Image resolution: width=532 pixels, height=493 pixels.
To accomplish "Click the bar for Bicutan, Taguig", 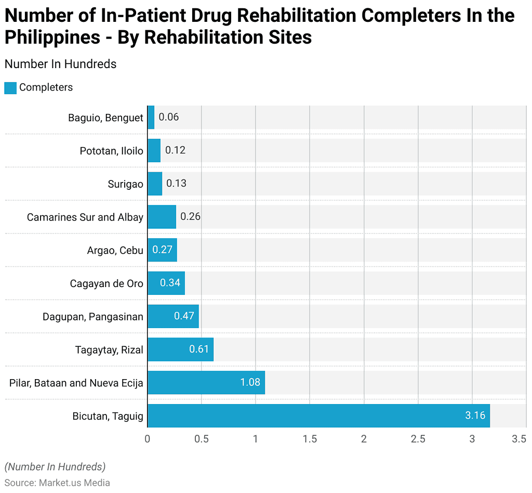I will pyautogui.click(x=318, y=416).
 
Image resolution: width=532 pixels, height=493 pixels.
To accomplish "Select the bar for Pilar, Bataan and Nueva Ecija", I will pyautogui.click(x=206, y=382).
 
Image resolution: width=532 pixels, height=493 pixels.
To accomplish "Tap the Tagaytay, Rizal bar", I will pyautogui.click(x=180, y=349).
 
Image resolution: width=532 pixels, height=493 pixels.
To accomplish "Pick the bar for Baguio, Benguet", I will pyautogui.click(x=151, y=117).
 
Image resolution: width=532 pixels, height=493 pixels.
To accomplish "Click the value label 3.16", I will pyautogui.click(x=475, y=416).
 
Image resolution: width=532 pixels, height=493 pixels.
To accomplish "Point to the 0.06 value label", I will pyautogui.click(x=169, y=117).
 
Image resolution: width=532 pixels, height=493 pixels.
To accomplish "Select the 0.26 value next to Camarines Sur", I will pyautogui.click(x=190, y=217).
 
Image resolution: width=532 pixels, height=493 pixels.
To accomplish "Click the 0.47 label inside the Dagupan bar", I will pyautogui.click(x=184, y=316).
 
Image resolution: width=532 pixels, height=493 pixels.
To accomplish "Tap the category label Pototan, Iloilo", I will pyautogui.click(x=111, y=151).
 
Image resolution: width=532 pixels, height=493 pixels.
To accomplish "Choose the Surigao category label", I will pyautogui.click(x=125, y=184).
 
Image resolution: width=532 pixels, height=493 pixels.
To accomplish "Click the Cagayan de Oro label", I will pyautogui.click(x=107, y=283).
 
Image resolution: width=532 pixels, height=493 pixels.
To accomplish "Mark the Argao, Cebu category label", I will pyautogui.click(x=115, y=250).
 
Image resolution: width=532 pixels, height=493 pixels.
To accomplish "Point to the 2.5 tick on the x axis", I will pyautogui.click(x=418, y=439).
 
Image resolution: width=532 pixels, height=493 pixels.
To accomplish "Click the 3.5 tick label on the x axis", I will pyautogui.click(x=518, y=439).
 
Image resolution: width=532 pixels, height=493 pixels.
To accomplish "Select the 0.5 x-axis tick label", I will pyautogui.click(x=202, y=439).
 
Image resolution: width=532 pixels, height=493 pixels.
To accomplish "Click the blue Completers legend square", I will pyautogui.click(x=10, y=88).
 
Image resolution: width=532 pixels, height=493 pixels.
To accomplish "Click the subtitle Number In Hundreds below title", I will pyautogui.click(x=60, y=64).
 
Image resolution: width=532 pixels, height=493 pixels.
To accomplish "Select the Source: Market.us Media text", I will pyautogui.click(x=57, y=483).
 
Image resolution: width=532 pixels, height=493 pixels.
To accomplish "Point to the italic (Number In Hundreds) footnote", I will pyautogui.click(x=55, y=466).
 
